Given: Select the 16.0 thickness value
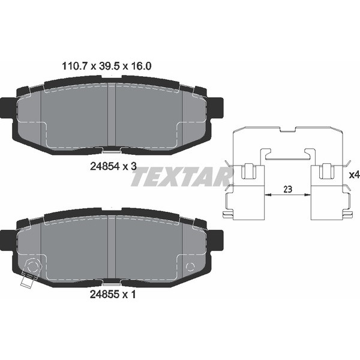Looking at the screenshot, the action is click(141, 67).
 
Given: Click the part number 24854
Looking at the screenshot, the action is click(105, 166).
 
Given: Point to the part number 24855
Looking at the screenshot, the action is click(105, 294).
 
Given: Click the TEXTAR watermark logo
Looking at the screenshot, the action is click(181, 176).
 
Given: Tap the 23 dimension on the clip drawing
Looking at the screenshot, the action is click(287, 190).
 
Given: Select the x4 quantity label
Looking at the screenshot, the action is click(354, 175).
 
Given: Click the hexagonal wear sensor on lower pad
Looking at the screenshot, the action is click(33, 267).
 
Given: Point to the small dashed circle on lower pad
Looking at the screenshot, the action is click(190, 267).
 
